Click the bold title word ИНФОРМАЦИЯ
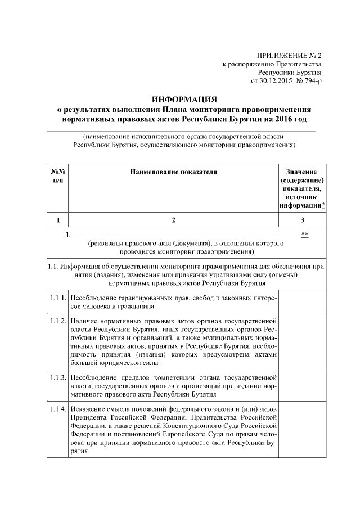(x=184, y=100)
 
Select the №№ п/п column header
(x=58, y=175)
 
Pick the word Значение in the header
(x=303, y=172)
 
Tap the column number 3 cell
(x=303, y=220)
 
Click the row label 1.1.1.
(x=58, y=296)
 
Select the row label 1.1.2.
(x=58, y=320)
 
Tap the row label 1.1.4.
(x=58, y=408)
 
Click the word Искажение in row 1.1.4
(x=89, y=408)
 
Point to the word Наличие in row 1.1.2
(x=86, y=320)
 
